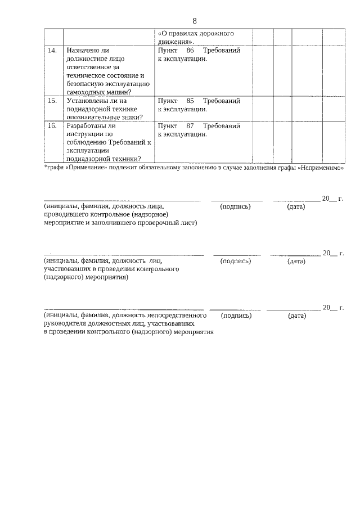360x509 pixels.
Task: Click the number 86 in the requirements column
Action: [x=190, y=51]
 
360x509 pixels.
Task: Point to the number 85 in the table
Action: [x=190, y=101]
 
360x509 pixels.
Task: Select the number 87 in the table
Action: [x=190, y=126]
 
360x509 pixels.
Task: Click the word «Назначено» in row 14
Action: [x=83, y=51]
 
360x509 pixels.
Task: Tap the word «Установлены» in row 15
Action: [x=87, y=101]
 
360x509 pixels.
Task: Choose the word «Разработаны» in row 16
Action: [x=87, y=126]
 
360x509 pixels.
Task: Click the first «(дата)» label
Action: [x=296, y=206]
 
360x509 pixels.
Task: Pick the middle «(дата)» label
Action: [x=296, y=261]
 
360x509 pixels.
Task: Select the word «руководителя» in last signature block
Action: [x=65, y=324]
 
